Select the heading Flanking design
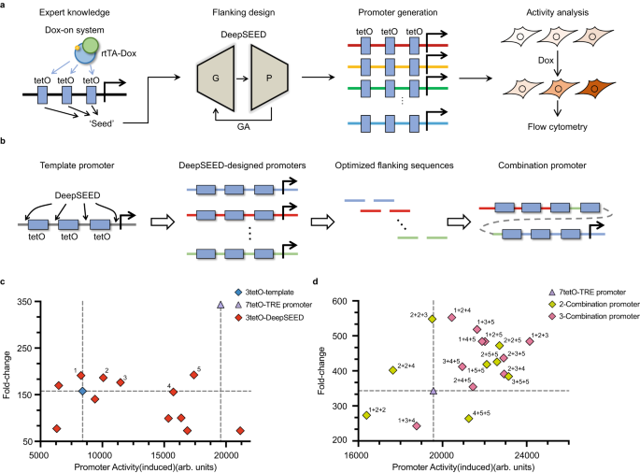click(242, 13)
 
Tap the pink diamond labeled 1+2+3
click(530, 341)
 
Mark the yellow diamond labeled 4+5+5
click(468, 419)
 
